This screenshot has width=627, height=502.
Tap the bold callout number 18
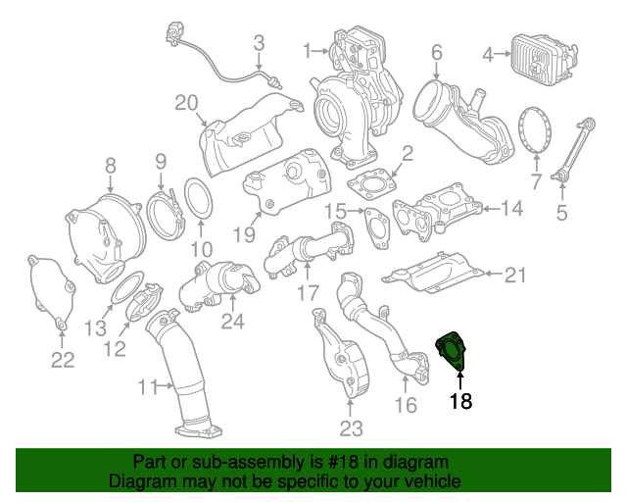tap(460, 401)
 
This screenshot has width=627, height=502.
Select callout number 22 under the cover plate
tap(63, 360)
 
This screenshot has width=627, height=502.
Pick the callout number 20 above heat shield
tap(186, 103)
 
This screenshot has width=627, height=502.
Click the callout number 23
tap(351, 427)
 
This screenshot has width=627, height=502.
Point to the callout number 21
tap(515, 276)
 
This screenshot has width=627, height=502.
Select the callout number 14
tap(513, 208)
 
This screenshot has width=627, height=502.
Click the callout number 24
tap(232, 321)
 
